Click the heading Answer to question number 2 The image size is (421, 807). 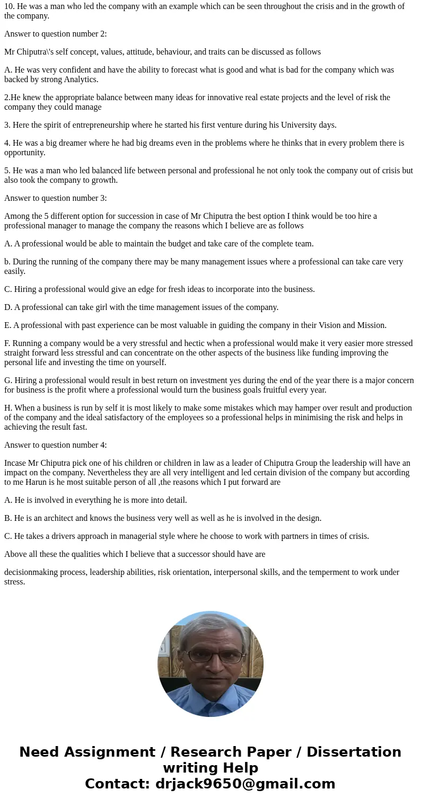56,34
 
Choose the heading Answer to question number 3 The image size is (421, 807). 56,198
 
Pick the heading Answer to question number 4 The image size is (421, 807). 56,445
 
